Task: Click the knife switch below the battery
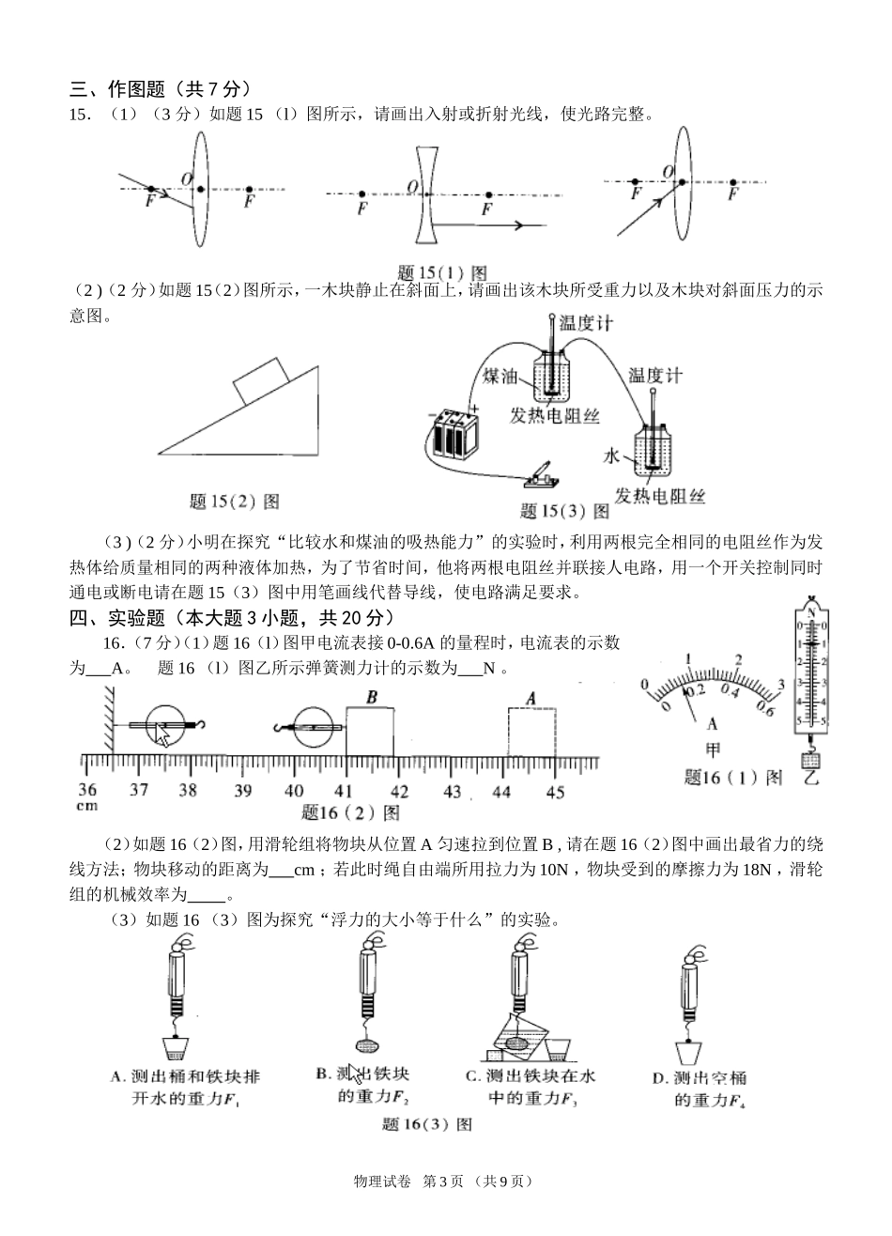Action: [542, 477]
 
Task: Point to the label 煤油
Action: [500, 376]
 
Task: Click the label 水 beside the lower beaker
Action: [611, 456]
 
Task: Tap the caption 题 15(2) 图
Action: [234, 502]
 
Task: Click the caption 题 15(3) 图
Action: [563, 512]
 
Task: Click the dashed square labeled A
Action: [532, 732]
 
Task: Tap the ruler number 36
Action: [86, 790]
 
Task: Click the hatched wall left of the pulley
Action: [108, 718]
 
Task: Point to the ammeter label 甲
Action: [712, 749]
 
